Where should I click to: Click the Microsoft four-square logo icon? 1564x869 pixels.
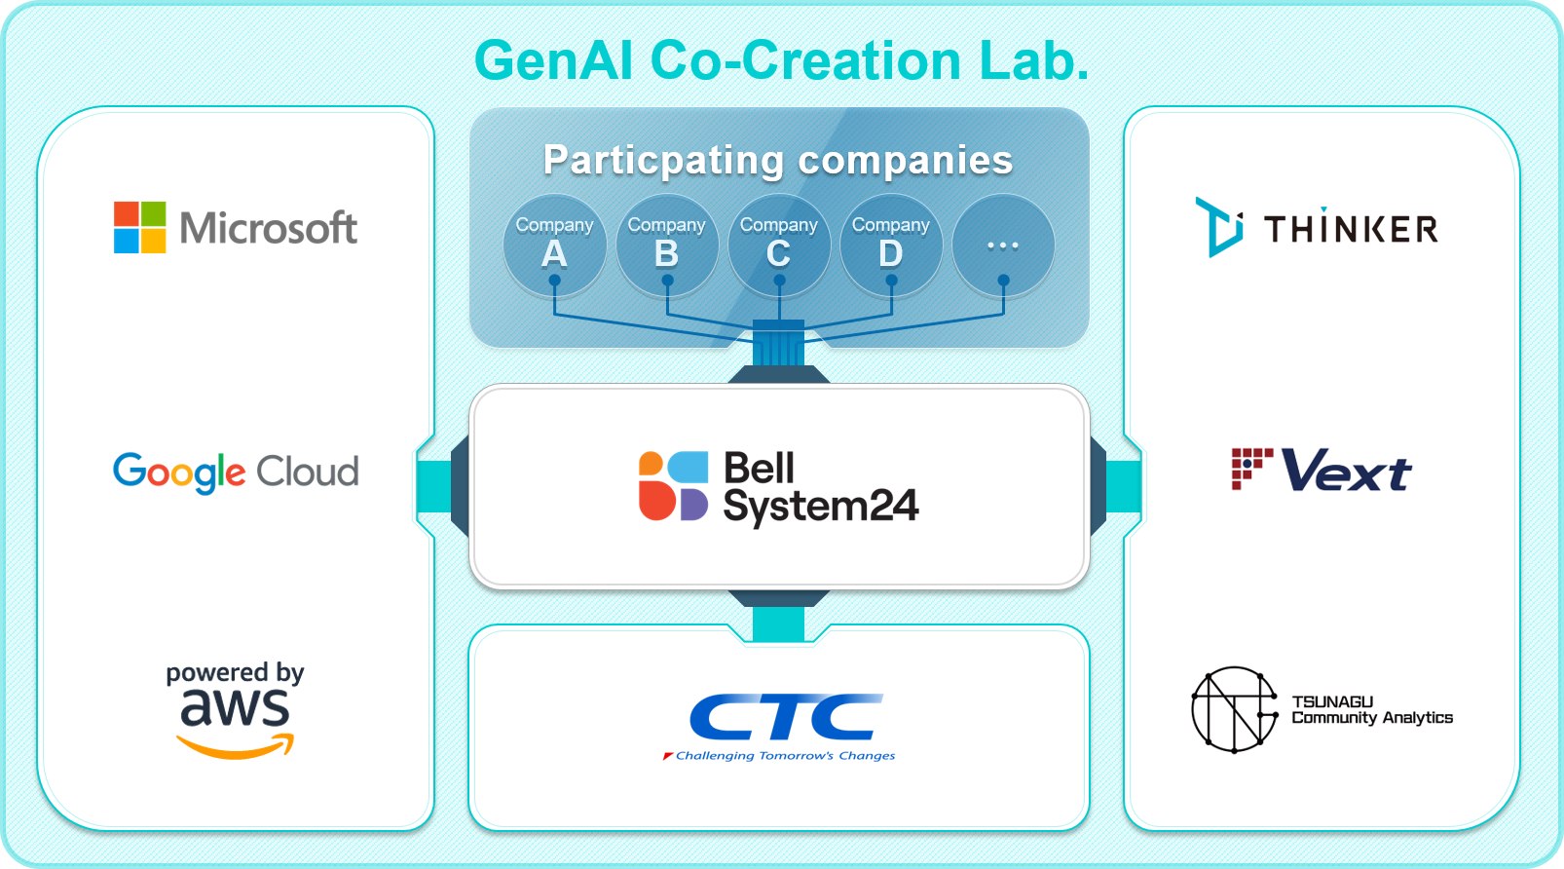click(x=139, y=227)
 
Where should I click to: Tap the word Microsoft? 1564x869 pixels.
click(x=269, y=228)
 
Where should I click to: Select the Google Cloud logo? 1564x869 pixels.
click(x=236, y=472)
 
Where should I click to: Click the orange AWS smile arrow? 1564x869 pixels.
click(x=236, y=746)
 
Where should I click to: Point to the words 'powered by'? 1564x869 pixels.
click(x=236, y=673)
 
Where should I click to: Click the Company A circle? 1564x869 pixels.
click(x=554, y=246)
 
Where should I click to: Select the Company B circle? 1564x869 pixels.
click(x=667, y=246)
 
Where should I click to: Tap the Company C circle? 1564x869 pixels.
click(x=779, y=246)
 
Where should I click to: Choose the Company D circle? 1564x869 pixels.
click(x=891, y=246)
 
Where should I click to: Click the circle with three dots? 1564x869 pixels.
click(x=1003, y=246)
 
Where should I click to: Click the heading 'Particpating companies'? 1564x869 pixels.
click(x=778, y=161)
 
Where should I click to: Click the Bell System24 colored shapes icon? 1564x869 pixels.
click(x=673, y=486)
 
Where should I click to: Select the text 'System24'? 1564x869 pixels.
click(x=820, y=507)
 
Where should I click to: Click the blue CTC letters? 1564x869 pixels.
click(x=786, y=717)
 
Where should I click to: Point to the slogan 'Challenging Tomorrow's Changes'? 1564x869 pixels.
click(x=779, y=756)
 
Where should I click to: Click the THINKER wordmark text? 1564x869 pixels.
click(x=1351, y=228)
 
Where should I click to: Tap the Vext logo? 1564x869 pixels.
click(x=1322, y=471)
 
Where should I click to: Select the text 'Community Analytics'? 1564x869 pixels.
click(x=1372, y=718)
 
